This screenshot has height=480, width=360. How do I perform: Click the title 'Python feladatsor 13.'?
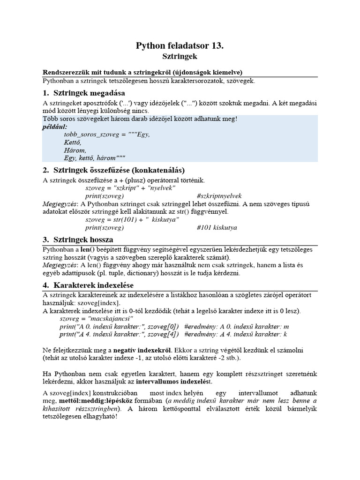click(x=180, y=45)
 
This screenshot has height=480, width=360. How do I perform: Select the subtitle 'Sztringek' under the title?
click(x=180, y=56)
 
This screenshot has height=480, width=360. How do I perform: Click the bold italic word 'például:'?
click(x=55, y=127)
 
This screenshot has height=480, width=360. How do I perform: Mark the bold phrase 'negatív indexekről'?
click(x=143, y=350)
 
